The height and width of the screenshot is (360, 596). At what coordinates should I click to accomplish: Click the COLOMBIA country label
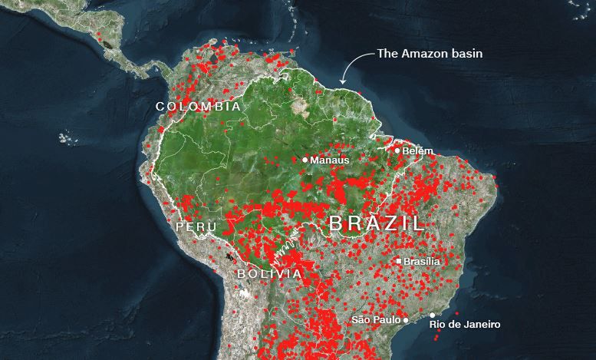coord(198,107)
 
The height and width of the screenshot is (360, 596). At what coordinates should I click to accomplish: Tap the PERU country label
coord(191,227)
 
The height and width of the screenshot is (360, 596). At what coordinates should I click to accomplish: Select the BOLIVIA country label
coord(268,274)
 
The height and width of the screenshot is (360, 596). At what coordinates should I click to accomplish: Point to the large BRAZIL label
coord(376,224)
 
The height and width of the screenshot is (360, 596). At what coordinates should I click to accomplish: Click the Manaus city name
coord(330,160)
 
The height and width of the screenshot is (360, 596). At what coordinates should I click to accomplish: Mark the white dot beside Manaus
coord(305,160)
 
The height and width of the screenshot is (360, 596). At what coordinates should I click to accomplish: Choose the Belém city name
coord(417,151)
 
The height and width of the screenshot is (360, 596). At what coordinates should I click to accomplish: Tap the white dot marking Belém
coord(397,150)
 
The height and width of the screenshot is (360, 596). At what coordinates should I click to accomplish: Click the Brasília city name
coord(422,262)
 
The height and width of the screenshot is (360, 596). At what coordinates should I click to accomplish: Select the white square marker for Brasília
coord(399,261)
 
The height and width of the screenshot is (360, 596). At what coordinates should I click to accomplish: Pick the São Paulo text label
coord(376,319)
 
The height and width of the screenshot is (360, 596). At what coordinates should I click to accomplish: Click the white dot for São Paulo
coord(406,319)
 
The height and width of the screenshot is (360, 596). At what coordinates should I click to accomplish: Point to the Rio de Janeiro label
coord(466,325)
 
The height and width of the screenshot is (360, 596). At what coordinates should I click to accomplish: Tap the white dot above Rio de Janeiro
coord(433,315)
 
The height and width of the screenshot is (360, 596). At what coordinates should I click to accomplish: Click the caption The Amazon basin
coord(429,54)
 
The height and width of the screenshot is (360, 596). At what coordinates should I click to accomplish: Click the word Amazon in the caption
coord(423,54)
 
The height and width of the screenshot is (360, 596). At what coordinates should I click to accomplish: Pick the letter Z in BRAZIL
coord(392,224)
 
